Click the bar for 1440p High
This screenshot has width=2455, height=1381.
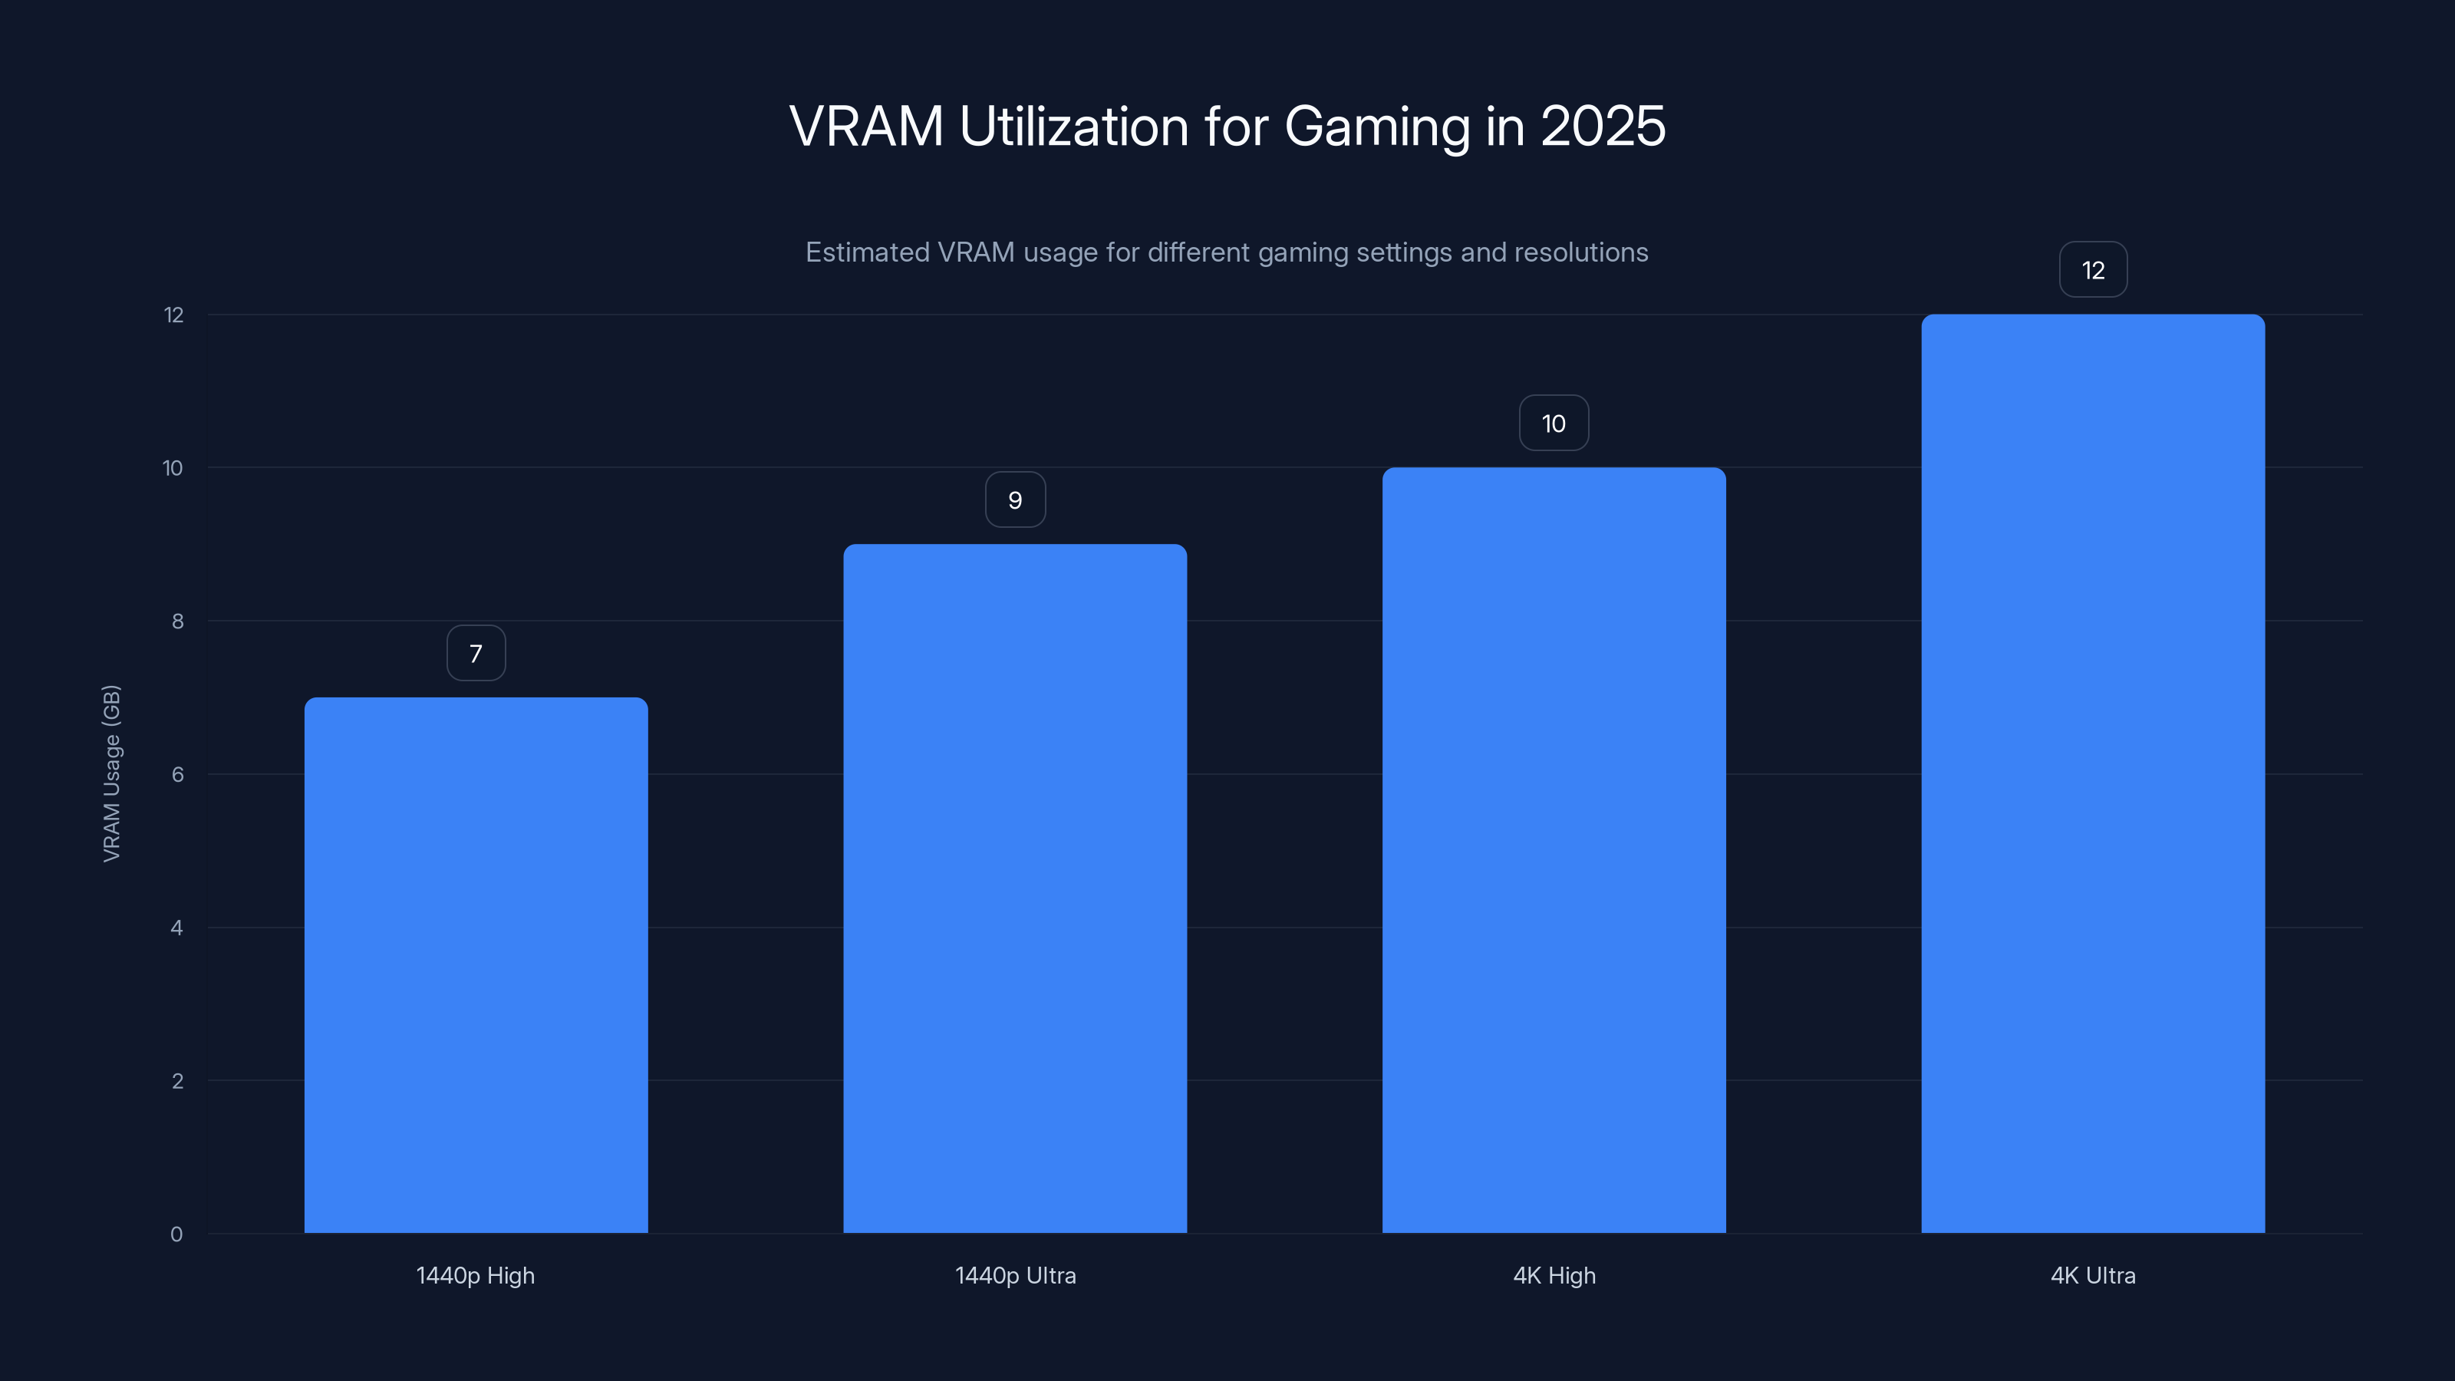(x=476, y=964)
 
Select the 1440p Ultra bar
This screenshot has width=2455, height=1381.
(x=1015, y=888)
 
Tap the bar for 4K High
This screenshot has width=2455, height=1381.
(x=1554, y=850)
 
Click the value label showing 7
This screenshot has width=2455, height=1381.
(x=476, y=653)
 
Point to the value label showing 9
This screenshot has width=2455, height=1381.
(x=1015, y=499)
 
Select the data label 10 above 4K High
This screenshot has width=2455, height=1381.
(x=1554, y=424)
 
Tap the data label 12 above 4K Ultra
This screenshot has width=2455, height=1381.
(x=2093, y=270)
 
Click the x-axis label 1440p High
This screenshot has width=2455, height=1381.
(x=476, y=1275)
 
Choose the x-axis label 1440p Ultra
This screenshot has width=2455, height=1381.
(x=1015, y=1275)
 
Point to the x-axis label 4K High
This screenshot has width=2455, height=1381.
(x=1554, y=1275)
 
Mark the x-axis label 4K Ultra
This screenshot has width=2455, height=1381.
(x=2093, y=1275)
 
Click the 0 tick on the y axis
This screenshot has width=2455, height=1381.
(x=176, y=1234)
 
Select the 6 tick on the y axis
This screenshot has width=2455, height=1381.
(x=177, y=774)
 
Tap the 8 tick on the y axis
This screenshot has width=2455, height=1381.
(x=177, y=621)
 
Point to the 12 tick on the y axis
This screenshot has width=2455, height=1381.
(x=173, y=315)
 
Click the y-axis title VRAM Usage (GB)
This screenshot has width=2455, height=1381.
(x=111, y=773)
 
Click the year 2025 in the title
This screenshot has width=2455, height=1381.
(x=1603, y=126)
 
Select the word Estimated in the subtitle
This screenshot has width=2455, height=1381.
(x=865, y=252)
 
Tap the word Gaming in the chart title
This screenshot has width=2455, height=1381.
(x=1377, y=127)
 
